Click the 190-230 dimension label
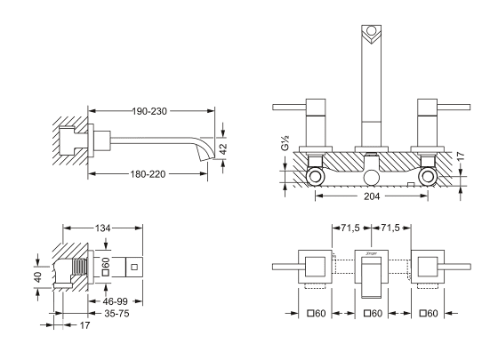tap(149, 111)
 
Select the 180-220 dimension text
tap(148, 174)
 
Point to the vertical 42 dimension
tap(223, 149)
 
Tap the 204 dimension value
tap(372, 196)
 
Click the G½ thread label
tap(285, 142)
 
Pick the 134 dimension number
tap(102, 228)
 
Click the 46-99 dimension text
tap(115, 301)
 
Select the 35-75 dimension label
tap(116, 314)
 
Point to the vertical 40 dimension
tap(37, 276)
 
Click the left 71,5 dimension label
tap(350, 228)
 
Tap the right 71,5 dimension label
tap(390, 228)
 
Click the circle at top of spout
tap(372, 31)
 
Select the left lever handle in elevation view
tap(289, 107)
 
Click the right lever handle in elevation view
tap(454, 107)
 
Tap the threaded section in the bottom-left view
tap(80, 266)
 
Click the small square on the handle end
tap(134, 267)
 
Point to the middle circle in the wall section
tap(372, 178)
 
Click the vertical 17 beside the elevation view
tap(461, 156)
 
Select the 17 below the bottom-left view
tap(84, 325)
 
